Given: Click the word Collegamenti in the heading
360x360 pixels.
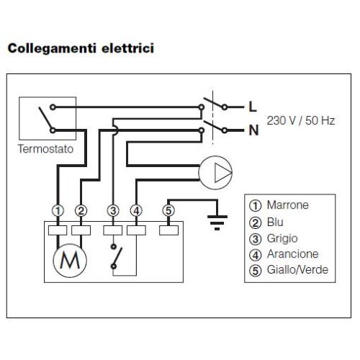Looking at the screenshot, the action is [x=52, y=48].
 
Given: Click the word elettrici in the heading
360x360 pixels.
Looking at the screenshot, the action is [x=127, y=48].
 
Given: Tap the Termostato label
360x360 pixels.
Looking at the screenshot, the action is [x=45, y=149].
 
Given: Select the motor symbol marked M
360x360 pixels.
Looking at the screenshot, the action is [x=70, y=261].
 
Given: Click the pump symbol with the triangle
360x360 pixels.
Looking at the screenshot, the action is [x=215, y=173].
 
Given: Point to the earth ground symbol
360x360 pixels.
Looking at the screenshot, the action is [x=217, y=222].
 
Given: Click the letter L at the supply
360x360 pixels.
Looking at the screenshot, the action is [x=253, y=107].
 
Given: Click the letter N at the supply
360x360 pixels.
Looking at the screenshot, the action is [x=253, y=130].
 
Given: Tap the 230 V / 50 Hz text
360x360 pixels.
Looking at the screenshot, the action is [x=301, y=120].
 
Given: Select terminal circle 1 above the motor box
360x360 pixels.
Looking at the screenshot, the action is [x=58, y=211].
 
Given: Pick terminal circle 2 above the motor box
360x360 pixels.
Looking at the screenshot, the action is [x=81, y=211].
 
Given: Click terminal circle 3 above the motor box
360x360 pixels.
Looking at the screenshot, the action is [x=113, y=211].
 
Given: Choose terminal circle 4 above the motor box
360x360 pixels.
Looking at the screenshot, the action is [x=136, y=211].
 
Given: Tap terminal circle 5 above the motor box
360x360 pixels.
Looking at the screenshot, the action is [x=168, y=210].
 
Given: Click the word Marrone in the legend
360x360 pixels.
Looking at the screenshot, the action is [x=288, y=205].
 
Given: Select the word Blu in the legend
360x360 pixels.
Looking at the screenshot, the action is [x=275, y=222].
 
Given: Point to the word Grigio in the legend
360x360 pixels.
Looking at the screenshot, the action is [x=282, y=238].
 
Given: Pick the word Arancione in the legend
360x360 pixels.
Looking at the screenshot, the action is [x=293, y=254].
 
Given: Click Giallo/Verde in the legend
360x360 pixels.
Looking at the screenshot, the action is [x=297, y=270].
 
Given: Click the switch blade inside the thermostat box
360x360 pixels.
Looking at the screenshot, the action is [x=45, y=118].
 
